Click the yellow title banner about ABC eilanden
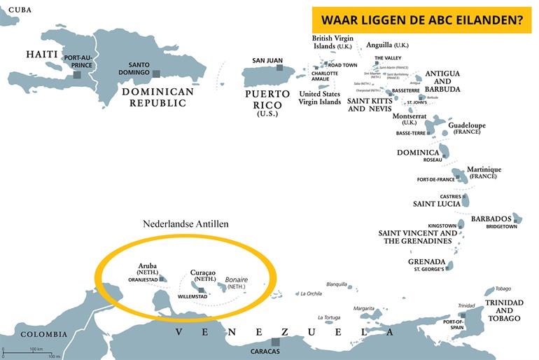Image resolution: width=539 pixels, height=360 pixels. tap(422, 20)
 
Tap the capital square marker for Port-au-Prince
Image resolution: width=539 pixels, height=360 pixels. tap(76, 74)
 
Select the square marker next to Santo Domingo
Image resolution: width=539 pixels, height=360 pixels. tap(157, 73)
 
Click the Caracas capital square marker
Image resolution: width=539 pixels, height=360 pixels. tap(275, 342)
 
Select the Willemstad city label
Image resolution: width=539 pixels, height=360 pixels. tap(194, 297)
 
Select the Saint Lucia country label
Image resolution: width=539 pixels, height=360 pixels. tap(436, 205)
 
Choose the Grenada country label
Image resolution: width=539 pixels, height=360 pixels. tap(426, 261)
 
